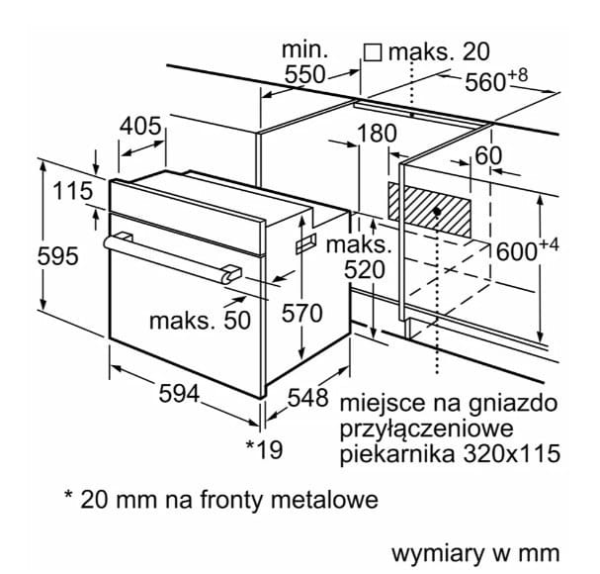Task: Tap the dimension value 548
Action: (307, 398)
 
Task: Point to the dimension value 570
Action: (301, 315)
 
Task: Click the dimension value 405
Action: (141, 127)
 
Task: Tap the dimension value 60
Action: (488, 156)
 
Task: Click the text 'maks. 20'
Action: (439, 51)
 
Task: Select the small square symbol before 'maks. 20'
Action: (373, 51)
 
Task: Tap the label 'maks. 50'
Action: (195, 320)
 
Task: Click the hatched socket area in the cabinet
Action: (431, 209)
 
